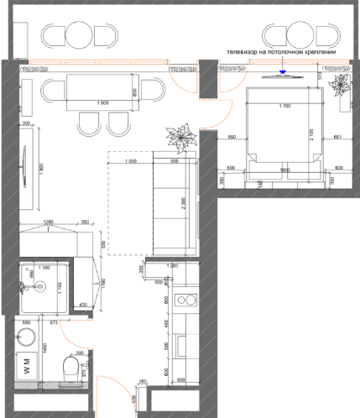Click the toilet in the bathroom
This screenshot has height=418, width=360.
coord(72,367)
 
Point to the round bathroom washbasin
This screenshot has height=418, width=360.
coord(27,337)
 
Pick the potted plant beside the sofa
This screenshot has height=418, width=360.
coord(180,134)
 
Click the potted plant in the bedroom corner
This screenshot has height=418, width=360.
coord(342,86)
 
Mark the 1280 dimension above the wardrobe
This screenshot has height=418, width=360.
coord(49,222)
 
